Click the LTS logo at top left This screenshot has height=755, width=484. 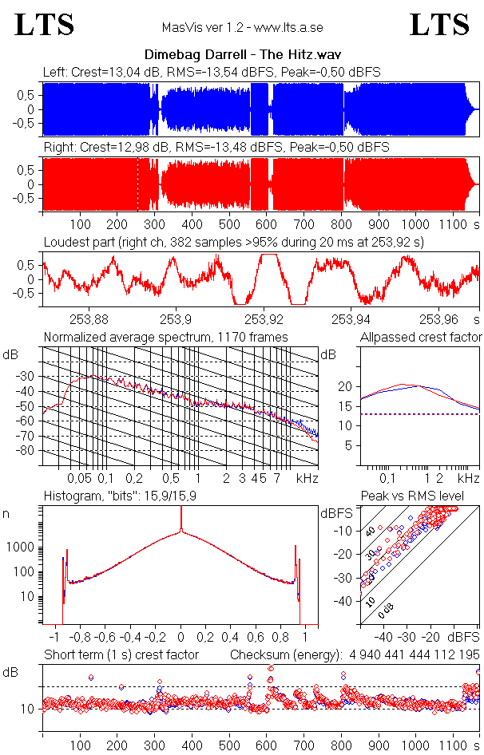(x=45, y=25)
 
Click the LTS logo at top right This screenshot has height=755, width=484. (x=439, y=25)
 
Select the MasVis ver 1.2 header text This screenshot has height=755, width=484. (x=242, y=27)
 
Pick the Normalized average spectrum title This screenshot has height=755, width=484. (x=166, y=337)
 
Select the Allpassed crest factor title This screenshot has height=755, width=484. (x=421, y=337)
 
